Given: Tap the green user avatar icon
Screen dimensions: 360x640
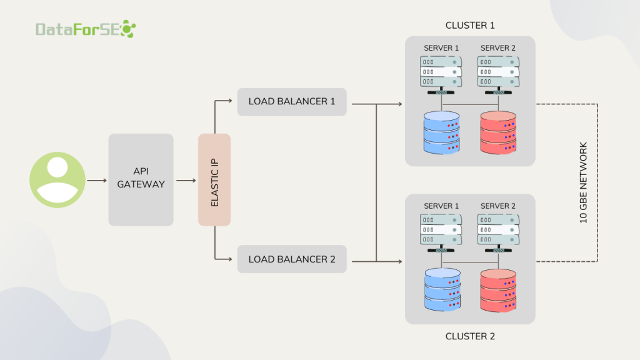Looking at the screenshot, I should (x=57, y=180).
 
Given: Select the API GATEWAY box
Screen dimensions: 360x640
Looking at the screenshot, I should (x=141, y=180).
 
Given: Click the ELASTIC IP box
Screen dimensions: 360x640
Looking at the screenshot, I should (x=214, y=180).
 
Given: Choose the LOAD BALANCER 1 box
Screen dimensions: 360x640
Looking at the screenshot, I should (x=292, y=101).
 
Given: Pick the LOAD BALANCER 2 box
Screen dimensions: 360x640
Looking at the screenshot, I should (x=292, y=259).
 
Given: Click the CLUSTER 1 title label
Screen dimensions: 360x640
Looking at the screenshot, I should (x=470, y=26).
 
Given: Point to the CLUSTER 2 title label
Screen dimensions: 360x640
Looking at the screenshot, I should (x=470, y=336).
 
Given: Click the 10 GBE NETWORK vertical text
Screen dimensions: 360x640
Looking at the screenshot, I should (x=584, y=182).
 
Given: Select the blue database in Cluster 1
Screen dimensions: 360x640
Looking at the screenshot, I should (x=441, y=132).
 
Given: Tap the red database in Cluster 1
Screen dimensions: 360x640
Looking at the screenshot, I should (x=498, y=132).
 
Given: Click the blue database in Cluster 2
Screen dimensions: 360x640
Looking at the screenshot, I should (x=441, y=289).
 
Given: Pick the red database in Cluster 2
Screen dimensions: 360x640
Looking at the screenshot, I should (x=498, y=289).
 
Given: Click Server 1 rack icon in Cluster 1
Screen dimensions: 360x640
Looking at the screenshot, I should (x=441, y=72).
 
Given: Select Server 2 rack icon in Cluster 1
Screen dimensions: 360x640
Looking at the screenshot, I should (x=498, y=72).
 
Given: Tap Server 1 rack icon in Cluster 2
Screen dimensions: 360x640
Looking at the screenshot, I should (x=441, y=229).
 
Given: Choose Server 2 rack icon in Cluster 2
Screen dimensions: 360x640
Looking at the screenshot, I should (x=498, y=229).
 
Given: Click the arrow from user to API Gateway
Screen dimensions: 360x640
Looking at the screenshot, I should (x=97, y=181).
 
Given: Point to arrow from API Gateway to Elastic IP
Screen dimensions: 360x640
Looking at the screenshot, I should (x=186, y=181).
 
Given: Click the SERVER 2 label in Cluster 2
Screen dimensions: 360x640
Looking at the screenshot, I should (x=498, y=206).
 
